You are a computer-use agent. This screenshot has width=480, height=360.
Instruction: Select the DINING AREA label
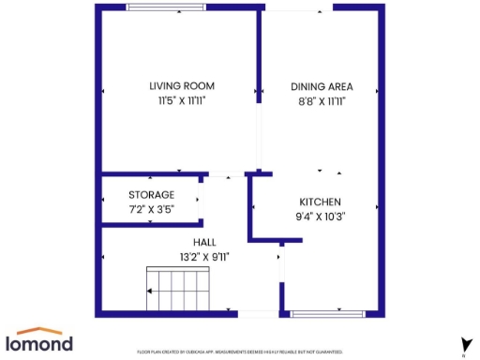pyautogui.click(x=322, y=85)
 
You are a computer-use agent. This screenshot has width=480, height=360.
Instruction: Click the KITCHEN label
pyautogui.click(x=320, y=202)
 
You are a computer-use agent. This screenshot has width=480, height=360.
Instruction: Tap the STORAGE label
pyautogui.click(x=151, y=194)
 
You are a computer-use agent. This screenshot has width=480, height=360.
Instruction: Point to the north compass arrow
pyautogui.click(x=463, y=344)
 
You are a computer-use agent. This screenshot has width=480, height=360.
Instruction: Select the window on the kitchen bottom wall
pyautogui.click(x=328, y=312)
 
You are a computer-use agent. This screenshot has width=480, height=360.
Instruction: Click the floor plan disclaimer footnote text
pyautogui.click(x=240, y=352)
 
